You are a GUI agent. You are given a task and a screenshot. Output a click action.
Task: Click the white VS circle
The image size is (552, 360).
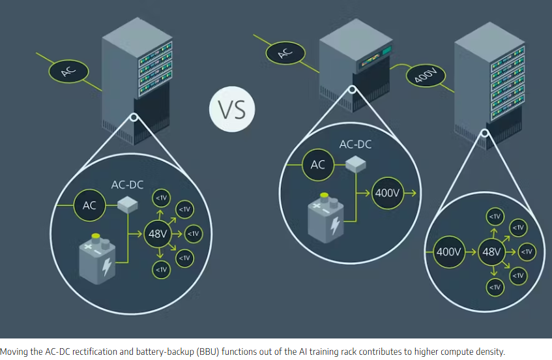pos(232,109)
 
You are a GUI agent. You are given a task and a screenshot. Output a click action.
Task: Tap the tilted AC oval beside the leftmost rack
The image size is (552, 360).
pos(68,71)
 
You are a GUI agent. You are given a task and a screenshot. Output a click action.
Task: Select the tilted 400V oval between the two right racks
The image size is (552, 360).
pos(426,76)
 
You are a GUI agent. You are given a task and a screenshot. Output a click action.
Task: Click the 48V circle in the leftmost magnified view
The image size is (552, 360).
pos(157,233)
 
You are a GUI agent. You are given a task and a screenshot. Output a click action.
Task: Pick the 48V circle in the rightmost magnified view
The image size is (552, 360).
pos(491,252)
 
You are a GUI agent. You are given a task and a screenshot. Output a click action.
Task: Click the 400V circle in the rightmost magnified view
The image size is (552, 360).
pos(448,252)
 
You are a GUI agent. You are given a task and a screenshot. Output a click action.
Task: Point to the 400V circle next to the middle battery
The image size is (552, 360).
pos(387,193)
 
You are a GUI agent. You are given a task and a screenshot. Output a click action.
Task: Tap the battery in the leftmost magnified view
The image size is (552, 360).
pos(97,258)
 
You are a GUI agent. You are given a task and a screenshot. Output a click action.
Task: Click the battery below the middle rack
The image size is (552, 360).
pos(326,218)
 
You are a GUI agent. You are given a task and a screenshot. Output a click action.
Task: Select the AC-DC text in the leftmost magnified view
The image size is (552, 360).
pos(127,185)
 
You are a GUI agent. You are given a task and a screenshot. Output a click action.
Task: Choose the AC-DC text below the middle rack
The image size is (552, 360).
pos(355,144)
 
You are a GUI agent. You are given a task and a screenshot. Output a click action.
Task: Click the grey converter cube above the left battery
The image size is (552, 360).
pos(128,205)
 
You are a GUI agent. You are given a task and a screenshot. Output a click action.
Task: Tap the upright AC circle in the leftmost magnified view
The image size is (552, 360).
pos(89,205)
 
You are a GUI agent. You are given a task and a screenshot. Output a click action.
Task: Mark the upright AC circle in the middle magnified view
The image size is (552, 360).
pos(318,165)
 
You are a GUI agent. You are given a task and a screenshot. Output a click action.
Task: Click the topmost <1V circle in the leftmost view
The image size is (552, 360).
pos(161,198)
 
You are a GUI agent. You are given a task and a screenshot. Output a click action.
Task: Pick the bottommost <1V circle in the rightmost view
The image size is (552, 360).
pos(495,287)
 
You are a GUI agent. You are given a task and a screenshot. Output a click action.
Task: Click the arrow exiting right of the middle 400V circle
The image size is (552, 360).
pos(410,193)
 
